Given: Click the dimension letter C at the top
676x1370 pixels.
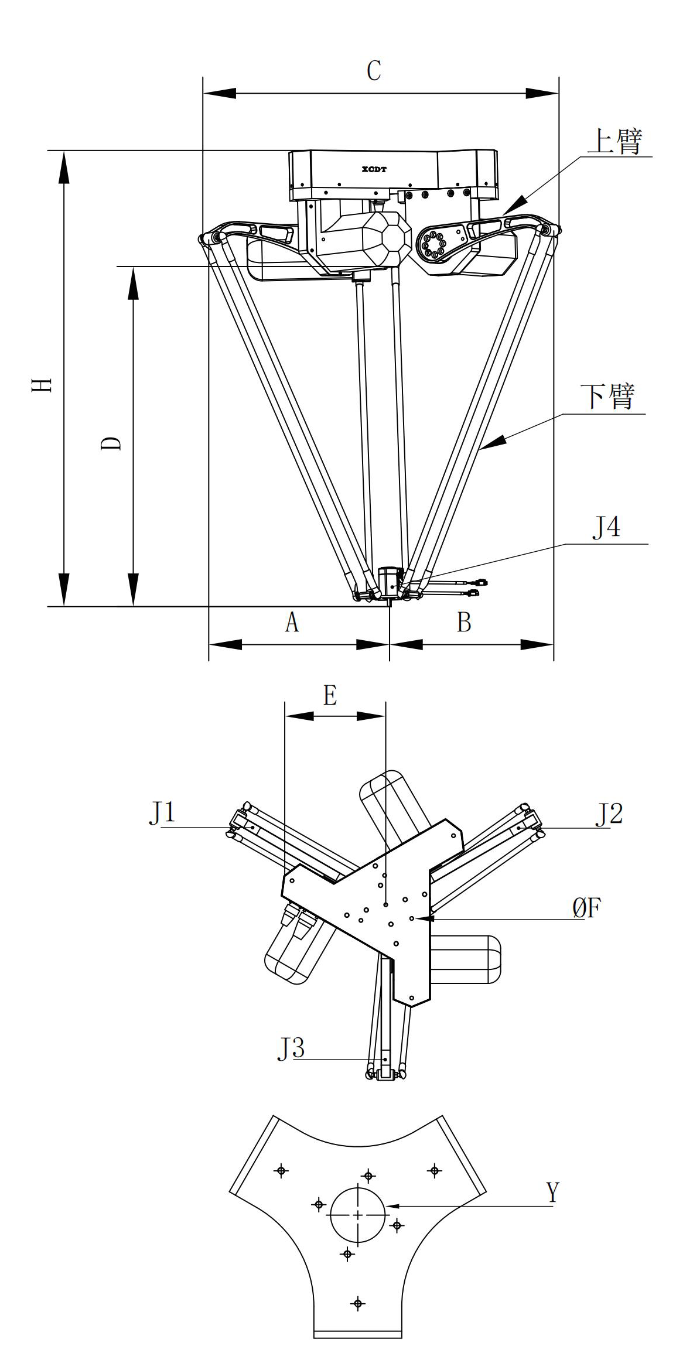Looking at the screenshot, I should coord(374,71).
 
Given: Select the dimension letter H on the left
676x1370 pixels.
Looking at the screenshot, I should coord(43,385).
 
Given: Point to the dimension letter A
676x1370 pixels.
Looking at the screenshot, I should coord(292,622).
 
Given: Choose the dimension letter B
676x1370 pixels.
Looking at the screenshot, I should coord(464,622).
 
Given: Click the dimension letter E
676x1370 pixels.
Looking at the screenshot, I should coord(330,696).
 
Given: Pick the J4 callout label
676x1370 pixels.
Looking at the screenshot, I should coord(606,528).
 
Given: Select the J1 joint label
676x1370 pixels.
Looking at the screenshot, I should coord(162,813).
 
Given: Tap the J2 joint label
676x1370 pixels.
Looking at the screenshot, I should coord(609,814).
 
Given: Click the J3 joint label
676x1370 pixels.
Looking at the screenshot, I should coord(291,1048).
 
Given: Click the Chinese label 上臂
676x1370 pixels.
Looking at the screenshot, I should coord(615,142).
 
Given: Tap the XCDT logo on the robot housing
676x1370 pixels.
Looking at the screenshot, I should coord(374,169).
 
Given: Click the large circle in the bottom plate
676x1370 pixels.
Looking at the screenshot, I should coord(358,1214).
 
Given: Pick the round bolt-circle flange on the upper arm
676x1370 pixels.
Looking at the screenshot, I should coord(433,244).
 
